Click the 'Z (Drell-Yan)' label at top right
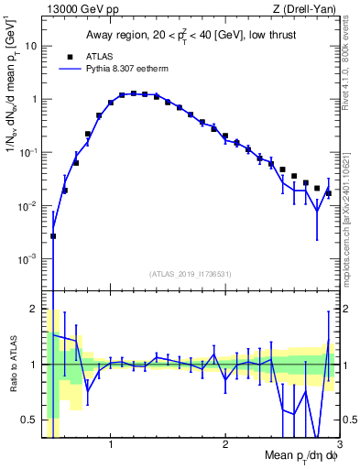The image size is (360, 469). (x=308, y=8)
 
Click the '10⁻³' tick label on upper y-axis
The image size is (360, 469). (x=28, y=259)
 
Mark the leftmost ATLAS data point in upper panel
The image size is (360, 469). (x=53, y=235)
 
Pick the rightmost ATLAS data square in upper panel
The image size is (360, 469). (x=328, y=192)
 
